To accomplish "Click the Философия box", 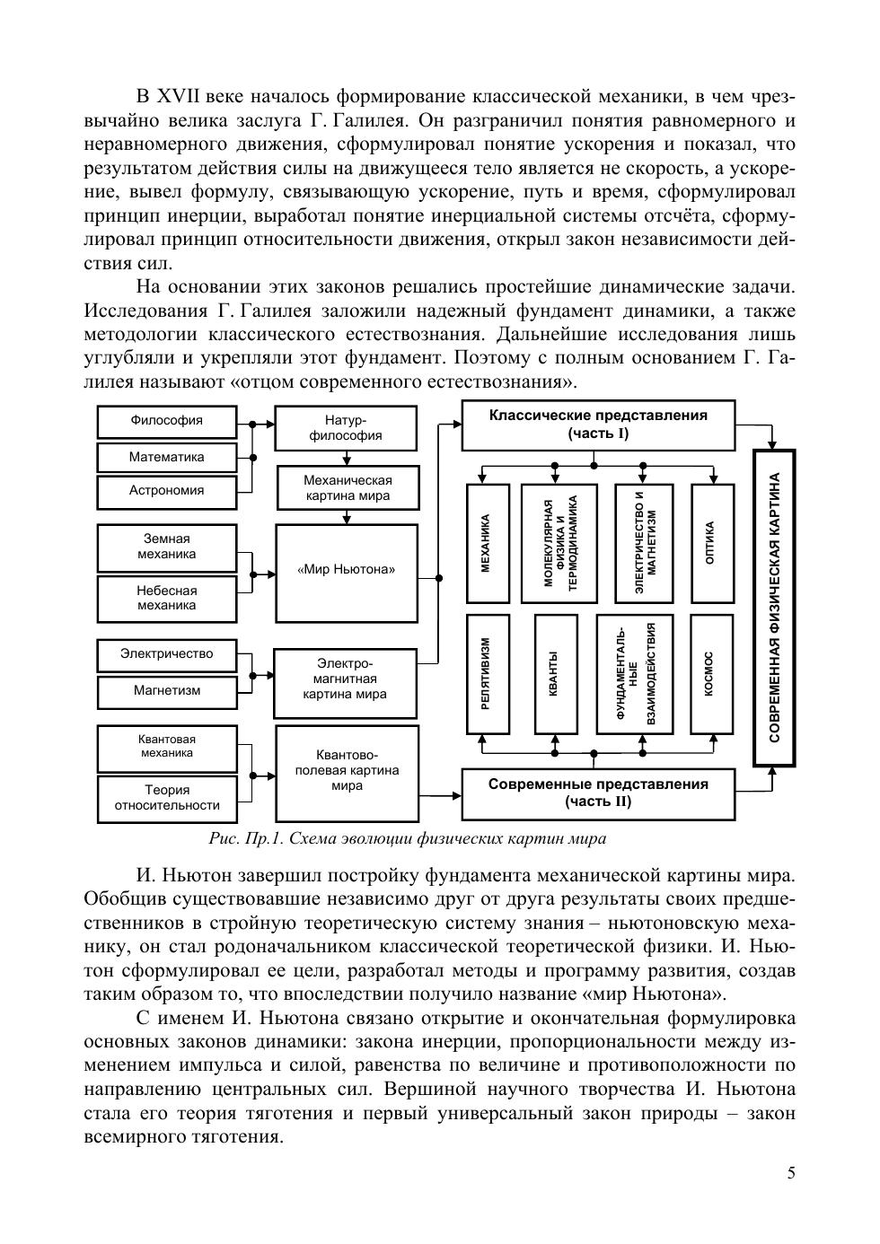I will (x=167, y=421).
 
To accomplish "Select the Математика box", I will (x=167, y=457).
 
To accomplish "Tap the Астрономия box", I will (x=167, y=491).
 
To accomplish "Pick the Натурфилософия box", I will (x=346, y=428).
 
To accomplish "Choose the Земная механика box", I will (x=167, y=547).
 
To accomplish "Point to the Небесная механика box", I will (x=167, y=598).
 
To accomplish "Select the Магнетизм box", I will (x=167, y=690).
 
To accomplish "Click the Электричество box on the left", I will (x=167, y=654).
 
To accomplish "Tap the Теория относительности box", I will (x=167, y=798).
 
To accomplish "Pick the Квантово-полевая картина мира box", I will (x=347, y=772).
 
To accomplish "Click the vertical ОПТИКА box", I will (x=710, y=543).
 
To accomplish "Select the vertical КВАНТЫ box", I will (x=555, y=675).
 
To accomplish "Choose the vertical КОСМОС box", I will (x=710, y=675).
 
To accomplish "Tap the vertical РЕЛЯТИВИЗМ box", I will (x=488, y=675).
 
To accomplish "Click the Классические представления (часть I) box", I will (x=598, y=425).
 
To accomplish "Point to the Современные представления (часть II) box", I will (x=598, y=793).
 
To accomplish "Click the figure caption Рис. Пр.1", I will (x=407, y=839).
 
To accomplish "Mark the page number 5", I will (x=790, y=1173).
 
